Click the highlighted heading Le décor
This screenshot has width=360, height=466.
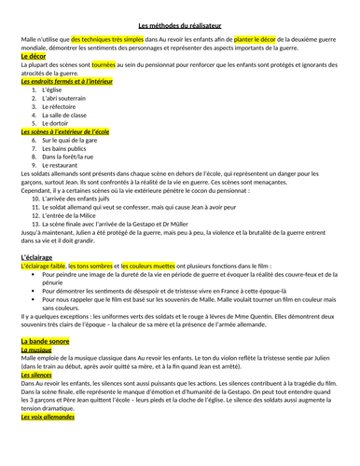coord(31,57)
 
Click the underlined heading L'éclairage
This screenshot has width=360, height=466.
coord(35,255)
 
